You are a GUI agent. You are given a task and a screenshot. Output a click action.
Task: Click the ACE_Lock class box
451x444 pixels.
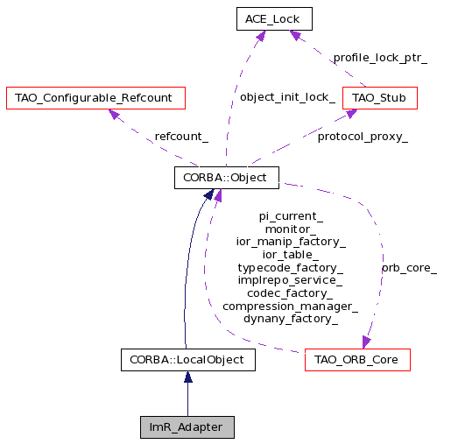tap(274, 19)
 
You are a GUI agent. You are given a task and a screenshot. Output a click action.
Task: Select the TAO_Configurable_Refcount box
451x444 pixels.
tap(95, 98)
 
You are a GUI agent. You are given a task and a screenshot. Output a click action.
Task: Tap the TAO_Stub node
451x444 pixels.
tap(380, 98)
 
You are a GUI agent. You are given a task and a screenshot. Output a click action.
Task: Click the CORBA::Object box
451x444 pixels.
tap(227, 178)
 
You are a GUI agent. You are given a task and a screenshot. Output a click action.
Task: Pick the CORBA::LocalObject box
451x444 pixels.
tap(188, 360)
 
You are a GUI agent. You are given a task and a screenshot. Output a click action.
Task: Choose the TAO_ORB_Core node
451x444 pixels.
tap(357, 360)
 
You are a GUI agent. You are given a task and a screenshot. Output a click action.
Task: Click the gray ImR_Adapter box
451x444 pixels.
tap(187, 427)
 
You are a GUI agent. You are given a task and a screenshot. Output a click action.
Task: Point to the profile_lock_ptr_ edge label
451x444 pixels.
tap(380, 58)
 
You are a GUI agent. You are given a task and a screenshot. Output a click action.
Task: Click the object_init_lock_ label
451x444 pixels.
tap(287, 97)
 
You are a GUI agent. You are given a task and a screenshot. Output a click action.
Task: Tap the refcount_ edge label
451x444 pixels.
tap(181, 137)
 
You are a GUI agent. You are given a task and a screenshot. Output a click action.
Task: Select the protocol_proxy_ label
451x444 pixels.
tap(363, 137)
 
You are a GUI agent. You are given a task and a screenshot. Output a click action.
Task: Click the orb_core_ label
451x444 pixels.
tap(409, 268)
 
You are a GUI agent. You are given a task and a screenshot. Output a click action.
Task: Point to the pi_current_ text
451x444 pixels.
tap(291, 216)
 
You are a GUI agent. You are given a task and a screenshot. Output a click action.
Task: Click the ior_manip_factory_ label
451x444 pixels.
tap(291, 242)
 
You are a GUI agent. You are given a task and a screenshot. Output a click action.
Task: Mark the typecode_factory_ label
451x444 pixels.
tap(291, 268)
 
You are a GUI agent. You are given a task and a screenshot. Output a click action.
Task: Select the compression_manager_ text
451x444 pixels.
tap(291, 307)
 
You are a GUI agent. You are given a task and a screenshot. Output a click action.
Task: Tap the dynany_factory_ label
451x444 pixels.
tap(291, 319)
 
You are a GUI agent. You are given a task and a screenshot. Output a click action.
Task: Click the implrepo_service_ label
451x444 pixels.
tap(290, 280)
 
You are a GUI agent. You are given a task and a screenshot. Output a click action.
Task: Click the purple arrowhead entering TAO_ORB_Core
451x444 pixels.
tap(366, 342)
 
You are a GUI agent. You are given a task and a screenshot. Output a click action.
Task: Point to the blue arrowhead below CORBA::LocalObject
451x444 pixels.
tap(188, 377)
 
